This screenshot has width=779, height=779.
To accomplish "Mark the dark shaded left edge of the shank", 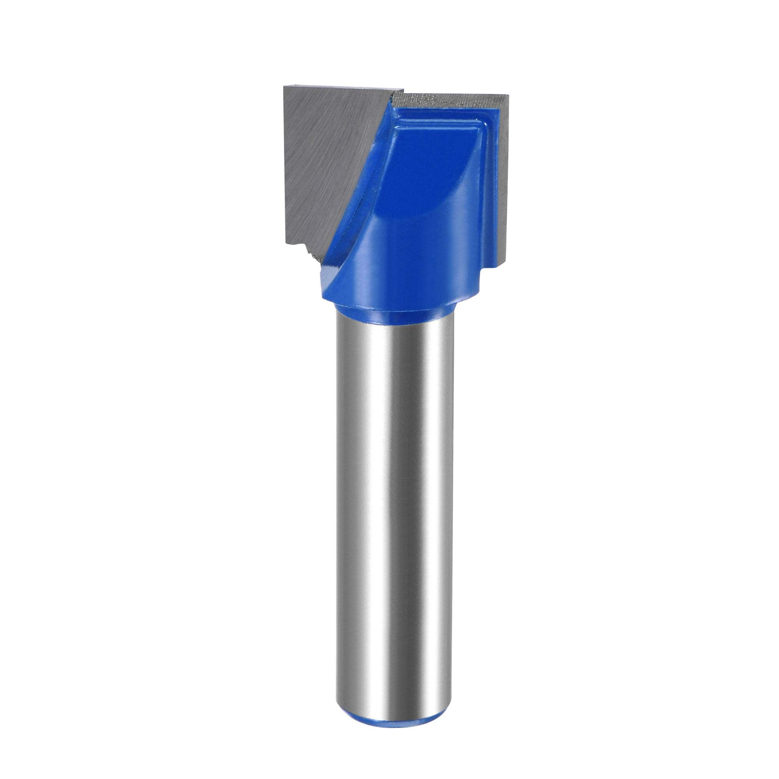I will (341, 504).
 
